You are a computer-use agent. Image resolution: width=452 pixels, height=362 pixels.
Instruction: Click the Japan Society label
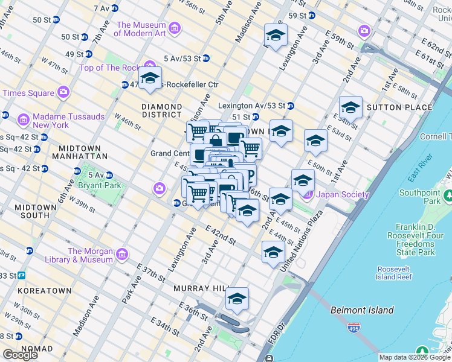342,194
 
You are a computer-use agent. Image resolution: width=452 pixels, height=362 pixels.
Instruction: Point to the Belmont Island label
362,311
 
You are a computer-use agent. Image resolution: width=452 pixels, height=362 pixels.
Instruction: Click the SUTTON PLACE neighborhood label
392,107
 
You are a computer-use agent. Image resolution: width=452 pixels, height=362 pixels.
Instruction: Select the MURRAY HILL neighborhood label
198,288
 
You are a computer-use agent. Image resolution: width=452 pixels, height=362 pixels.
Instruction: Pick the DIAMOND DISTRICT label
161,110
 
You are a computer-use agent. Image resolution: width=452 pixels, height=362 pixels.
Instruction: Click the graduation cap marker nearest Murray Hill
237,299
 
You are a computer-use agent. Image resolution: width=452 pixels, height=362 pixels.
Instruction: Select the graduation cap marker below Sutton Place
315,141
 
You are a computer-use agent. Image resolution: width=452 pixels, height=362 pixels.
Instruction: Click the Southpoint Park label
420,197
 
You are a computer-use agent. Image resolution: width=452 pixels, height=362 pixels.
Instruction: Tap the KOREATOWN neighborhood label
44,290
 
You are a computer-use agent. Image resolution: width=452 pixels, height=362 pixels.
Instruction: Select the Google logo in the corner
20,355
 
